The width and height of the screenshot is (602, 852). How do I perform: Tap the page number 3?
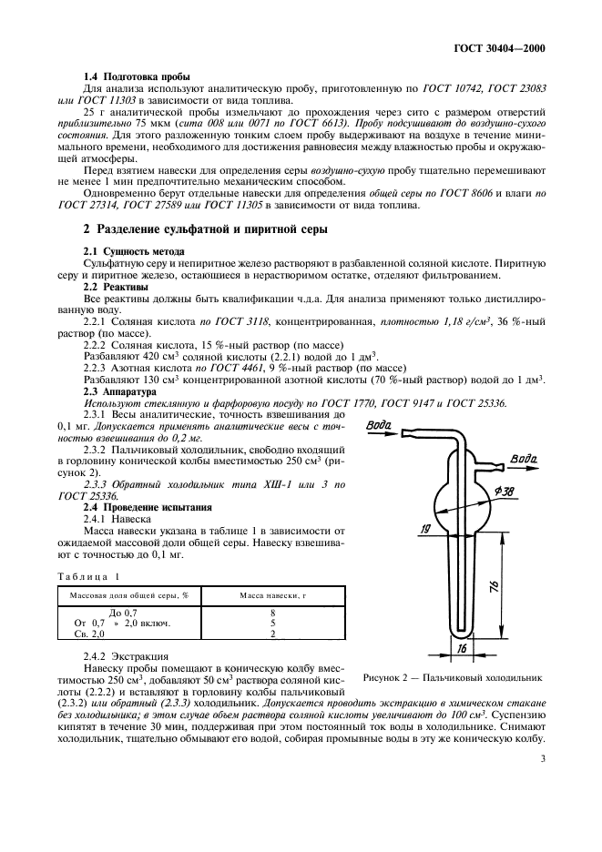point(543,758)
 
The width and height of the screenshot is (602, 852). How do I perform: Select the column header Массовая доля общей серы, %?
point(123,594)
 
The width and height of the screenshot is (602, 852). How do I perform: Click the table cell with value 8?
point(272,613)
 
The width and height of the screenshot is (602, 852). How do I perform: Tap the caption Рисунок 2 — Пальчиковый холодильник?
point(452,677)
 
